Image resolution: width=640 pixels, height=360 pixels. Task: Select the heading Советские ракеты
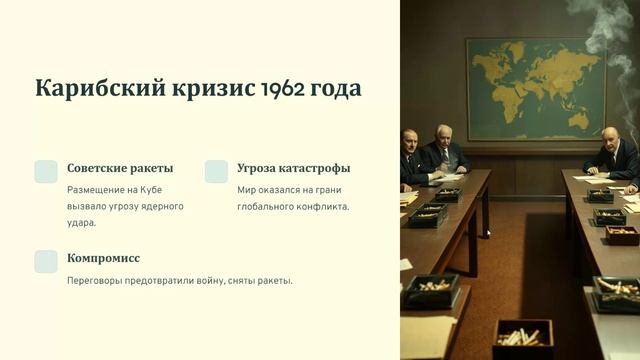click(x=120, y=168)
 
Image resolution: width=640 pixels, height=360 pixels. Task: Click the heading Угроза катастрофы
click(x=293, y=168)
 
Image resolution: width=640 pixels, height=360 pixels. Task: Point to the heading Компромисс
click(x=103, y=258)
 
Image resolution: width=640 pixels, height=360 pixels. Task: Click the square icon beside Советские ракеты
click(x=46, y=171)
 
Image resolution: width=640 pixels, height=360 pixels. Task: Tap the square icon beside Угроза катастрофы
click(x=216, y=171)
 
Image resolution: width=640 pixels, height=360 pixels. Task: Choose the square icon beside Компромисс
click(x=46, y=261)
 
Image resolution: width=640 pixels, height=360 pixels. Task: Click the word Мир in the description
click(x=247, y=189)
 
